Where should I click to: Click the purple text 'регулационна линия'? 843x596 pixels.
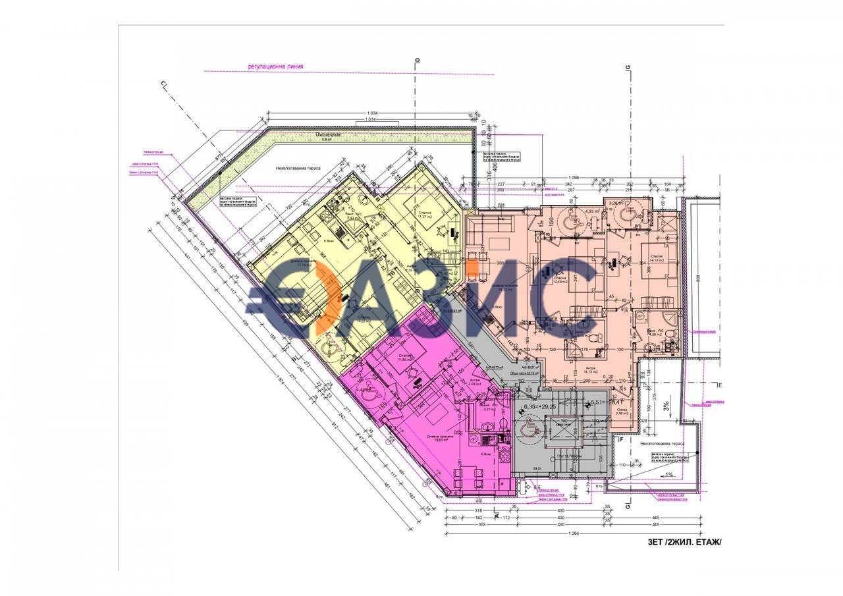pos(277,66)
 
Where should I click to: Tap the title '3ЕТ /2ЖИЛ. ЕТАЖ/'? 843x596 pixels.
pos(684,542)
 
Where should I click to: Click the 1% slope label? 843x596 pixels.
pos(668,474)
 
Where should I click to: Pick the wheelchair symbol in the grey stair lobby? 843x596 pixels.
pos(528,429)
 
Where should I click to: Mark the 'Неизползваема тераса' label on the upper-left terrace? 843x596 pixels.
pos(298,168)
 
